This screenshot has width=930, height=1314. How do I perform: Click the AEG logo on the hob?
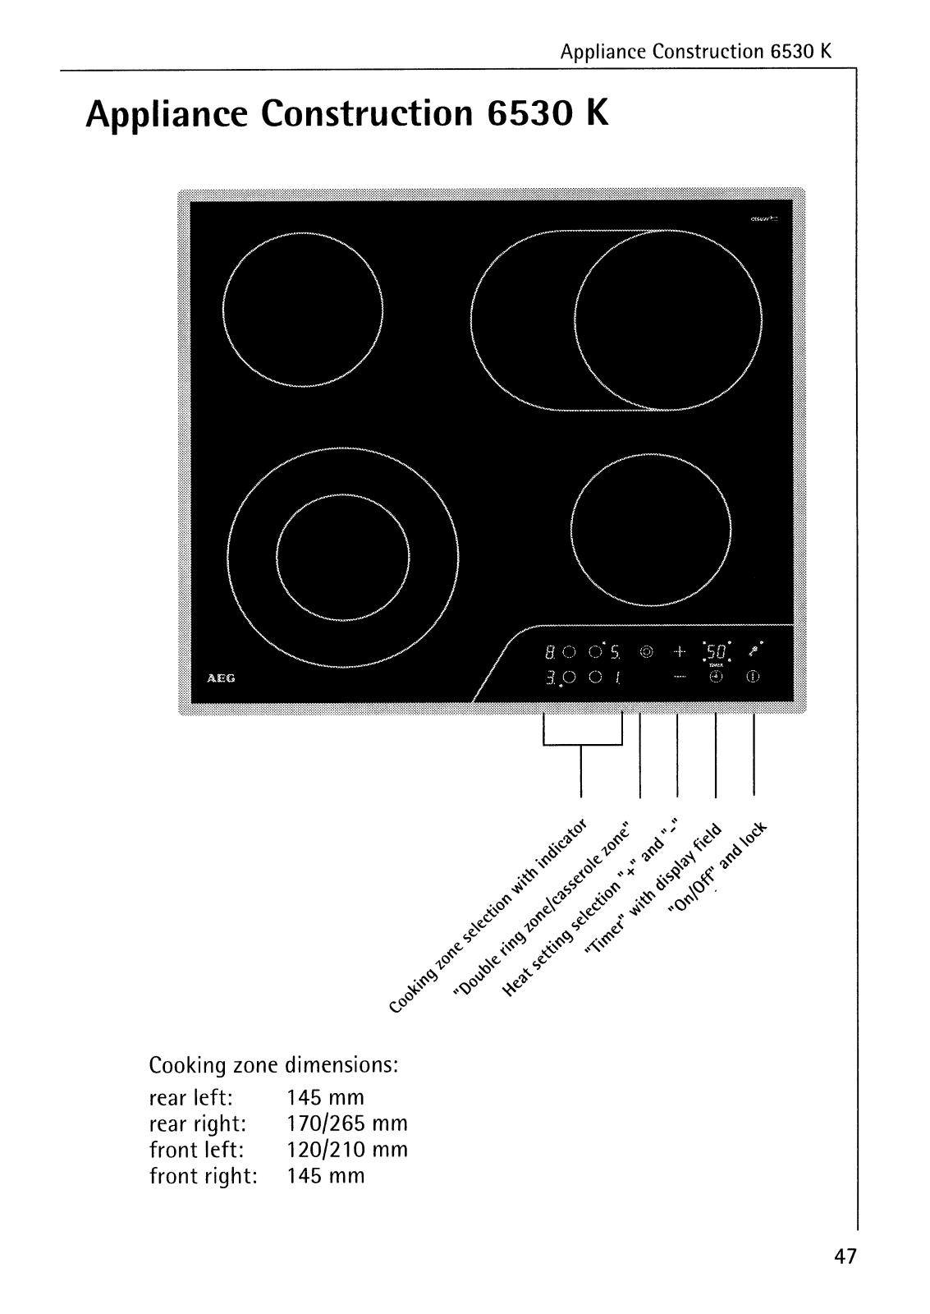[215, 679]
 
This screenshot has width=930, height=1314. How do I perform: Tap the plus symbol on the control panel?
[679, 653]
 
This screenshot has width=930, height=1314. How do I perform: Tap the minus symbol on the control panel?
[679, 678]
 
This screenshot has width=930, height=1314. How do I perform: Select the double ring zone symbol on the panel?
[647, 653]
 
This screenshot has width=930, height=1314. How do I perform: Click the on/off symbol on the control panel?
[752, 678]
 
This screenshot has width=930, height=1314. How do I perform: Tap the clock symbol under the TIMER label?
[715, 678]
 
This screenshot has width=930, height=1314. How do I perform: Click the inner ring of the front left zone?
[342, 558]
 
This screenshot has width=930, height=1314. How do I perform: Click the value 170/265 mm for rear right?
[347, 1123]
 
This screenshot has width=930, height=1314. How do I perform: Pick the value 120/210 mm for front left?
[347, 1150]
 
